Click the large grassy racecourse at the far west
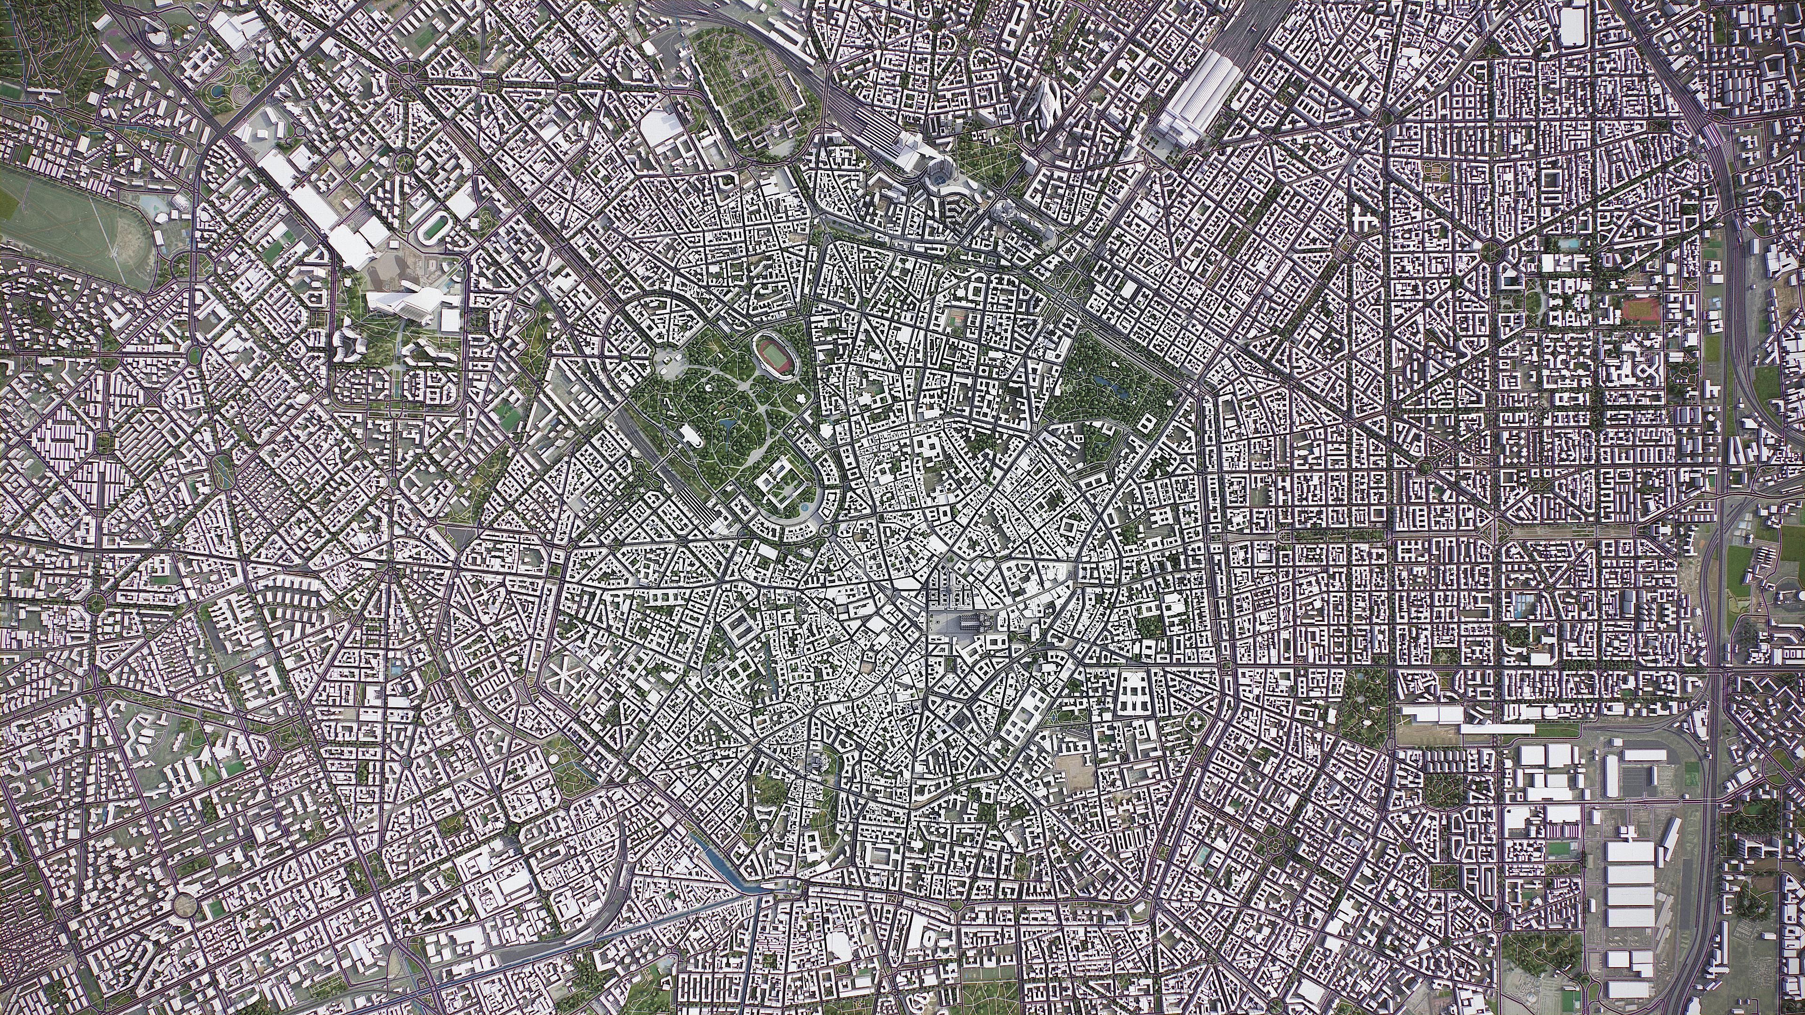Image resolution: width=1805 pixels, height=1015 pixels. point(63,224)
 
